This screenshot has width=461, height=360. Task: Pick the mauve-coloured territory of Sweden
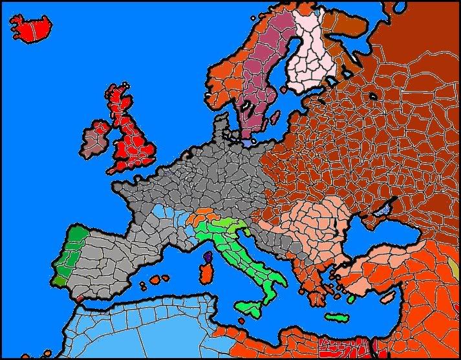pyautogui.click(x=265, y=71)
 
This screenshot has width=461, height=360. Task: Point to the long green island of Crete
pyautogui.click(x=336, y=317)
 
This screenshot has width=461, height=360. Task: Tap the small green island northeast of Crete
pyautogui.click(x=351, y=299)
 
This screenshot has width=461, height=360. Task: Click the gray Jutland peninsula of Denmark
pyautogui.click(x=222, y=126)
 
